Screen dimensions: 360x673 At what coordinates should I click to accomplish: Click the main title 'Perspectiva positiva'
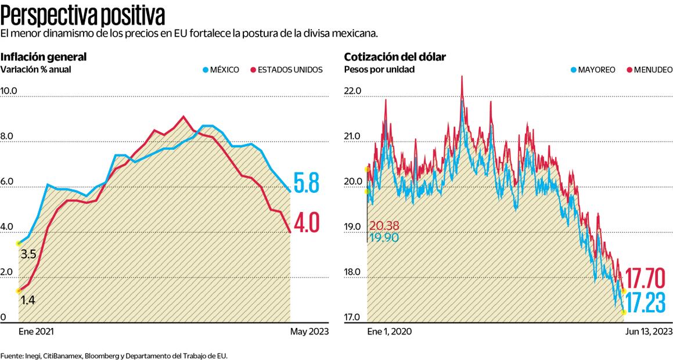[82, 13]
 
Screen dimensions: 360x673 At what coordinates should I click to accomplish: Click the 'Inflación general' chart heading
[44, 57]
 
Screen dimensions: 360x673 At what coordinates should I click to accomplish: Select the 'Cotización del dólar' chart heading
[395, 57]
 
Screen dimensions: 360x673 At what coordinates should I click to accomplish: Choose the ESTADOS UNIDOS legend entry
[286, 70]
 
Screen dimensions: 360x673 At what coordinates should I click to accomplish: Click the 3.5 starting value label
[28, 254]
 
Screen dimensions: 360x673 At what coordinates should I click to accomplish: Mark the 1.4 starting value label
[28, 300]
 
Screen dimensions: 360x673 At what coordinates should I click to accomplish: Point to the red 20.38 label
[383, 226]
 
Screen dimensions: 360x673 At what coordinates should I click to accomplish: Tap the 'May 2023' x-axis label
[309, 331]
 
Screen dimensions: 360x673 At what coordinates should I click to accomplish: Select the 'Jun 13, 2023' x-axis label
[648, 331]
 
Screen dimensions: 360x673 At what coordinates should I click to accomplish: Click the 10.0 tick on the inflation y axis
[10, 91]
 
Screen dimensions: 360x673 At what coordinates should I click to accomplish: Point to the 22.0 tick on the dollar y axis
[353, 91]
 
